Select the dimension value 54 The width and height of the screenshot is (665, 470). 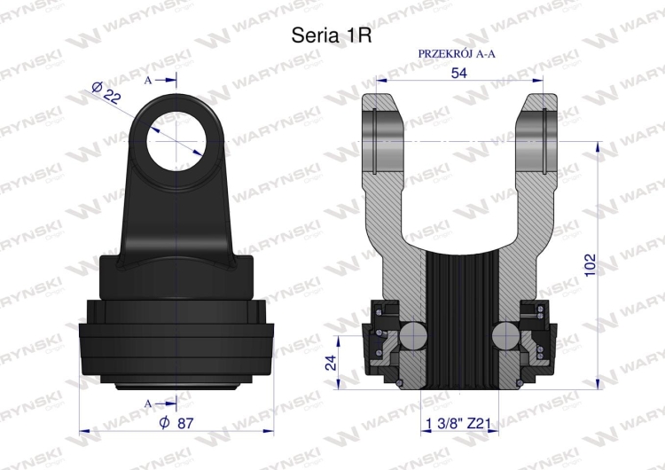(459, 73)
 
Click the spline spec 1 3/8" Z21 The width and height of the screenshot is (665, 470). (458, 423)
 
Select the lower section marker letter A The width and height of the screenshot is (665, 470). (148, 403)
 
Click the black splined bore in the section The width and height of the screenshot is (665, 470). (458, 319)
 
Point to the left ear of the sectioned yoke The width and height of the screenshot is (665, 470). (383, 133)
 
